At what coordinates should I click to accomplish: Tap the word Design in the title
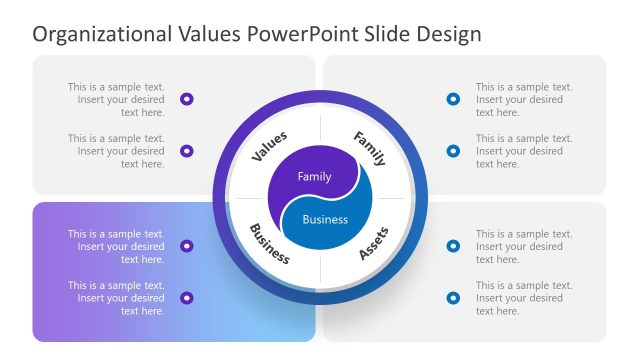[447, 34]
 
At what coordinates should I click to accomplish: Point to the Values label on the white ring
[269, 146]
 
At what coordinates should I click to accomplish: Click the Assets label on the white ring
[373, 243]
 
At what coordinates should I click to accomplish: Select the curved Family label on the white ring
[369, 147]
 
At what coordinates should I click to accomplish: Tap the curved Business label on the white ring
[269, 243]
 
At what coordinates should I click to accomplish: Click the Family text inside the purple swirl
[314, 176]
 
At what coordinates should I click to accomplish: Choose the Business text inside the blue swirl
[325, 220]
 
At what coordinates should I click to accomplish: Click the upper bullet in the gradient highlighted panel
[187, 246]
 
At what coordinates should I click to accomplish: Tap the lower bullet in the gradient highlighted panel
[187, 298]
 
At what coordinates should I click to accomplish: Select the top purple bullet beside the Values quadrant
[187, 99]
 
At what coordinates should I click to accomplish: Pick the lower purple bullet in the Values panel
[187, 151]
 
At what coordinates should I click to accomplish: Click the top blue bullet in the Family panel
[453, 99]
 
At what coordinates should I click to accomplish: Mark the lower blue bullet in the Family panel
[453, 151]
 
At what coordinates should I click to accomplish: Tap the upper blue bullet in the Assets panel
[453, 246]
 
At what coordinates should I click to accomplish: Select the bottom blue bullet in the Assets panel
[453, 298]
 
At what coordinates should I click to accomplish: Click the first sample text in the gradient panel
[116, 246]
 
